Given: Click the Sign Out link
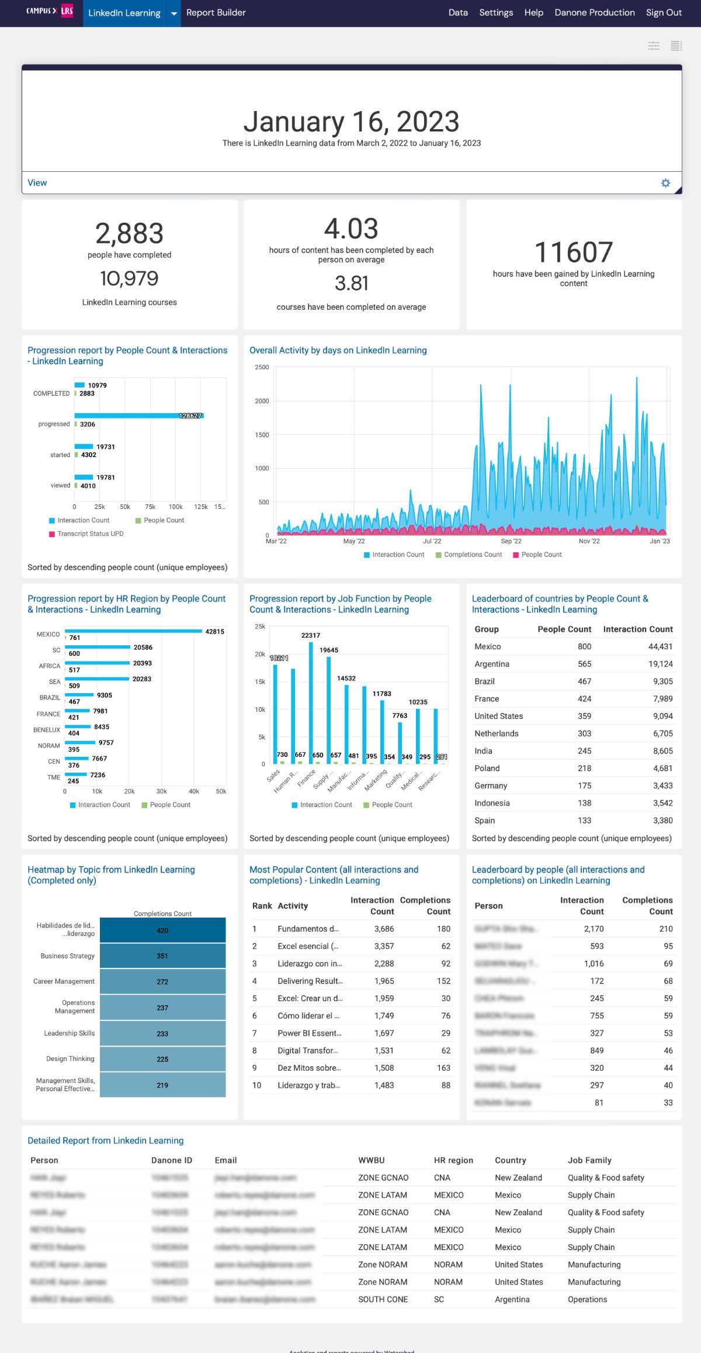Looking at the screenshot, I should [x=664, y=12].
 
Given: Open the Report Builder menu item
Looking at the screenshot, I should [x=216, y=12].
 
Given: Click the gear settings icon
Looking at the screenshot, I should [x=665, y=183].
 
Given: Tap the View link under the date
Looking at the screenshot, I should [x=37, y=183].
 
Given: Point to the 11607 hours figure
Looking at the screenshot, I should [x=573, y=252].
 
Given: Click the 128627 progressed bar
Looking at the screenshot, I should [x=139, y=416].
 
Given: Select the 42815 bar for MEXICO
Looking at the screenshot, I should [x=133, y=631].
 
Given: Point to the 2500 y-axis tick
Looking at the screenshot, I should [x=262, y=368].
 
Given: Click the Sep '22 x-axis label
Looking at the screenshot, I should [x=511, y=541].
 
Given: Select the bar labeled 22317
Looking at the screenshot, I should [x=311, y=701].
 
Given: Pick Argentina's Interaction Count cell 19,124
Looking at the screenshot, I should [x=660, y=664].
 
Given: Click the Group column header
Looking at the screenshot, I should [x=487, y=629].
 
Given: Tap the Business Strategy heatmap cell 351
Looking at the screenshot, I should [x=162, y=956].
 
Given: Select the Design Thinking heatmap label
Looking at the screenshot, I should [x=70, y=1058].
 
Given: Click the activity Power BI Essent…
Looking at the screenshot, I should [x=310, y=1033].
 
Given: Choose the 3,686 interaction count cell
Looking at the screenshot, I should [x=384, y=929].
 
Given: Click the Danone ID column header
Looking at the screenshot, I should [x=172, y=1160].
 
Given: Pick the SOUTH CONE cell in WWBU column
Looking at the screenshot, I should [x=383, y=1299].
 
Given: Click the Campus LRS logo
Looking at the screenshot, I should [x=50, y=11].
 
